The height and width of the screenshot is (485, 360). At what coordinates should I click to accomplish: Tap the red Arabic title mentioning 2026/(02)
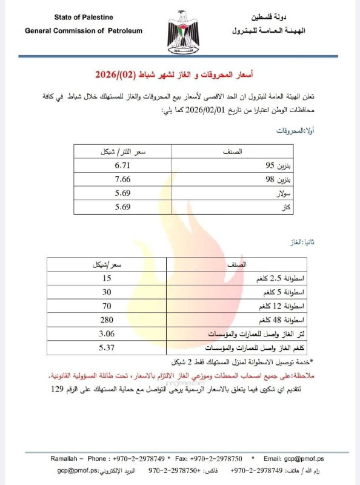point(174,75)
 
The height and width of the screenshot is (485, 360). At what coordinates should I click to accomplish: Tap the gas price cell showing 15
point(107,278)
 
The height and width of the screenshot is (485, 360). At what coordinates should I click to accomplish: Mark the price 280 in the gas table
point(107,319)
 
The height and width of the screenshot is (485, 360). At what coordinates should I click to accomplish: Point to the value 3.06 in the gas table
point(107,333)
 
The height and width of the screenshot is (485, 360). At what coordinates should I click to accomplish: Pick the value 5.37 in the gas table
point(107,347)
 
